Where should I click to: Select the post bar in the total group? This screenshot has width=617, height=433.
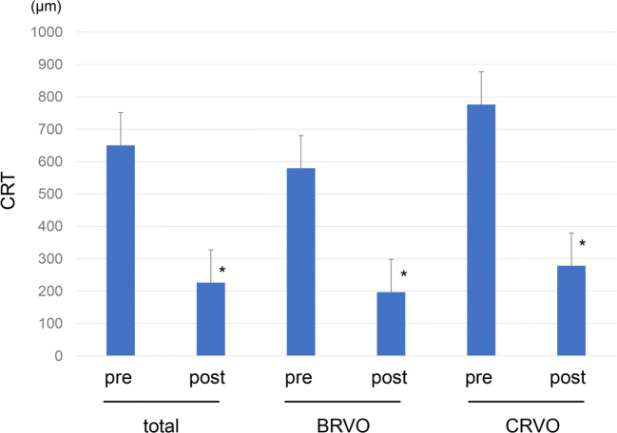(x=210, y=319)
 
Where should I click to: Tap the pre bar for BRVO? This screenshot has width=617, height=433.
(x=300, y=262)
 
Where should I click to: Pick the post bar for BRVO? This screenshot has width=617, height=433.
(x=391, y=324)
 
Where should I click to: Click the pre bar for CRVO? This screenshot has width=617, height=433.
(x=481, y=230)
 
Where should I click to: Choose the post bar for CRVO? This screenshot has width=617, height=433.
(x=570, y=311)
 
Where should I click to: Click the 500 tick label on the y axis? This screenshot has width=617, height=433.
(x=48, y=194)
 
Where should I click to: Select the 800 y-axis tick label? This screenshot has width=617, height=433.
(x=48, y=97)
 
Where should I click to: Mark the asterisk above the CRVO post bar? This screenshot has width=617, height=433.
(x=582, y=245)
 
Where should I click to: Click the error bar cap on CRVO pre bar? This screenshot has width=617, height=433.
(x=481, y=72)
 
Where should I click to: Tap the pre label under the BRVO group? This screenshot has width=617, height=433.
(x=300, y=379)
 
